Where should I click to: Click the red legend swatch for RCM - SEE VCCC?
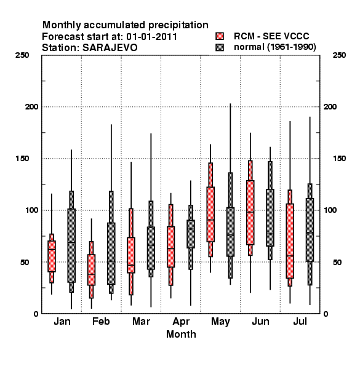click(x=220, y=36)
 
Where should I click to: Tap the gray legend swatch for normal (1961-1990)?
click(x=220, y=47)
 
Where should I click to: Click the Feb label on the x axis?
click(x=101, y=321)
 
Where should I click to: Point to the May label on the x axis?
click(x=220, y=322)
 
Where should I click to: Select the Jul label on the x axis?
click(x=300, y=321)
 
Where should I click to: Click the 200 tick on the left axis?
click(x=31, y=107)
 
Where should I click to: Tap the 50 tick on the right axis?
click(x=337, y=262)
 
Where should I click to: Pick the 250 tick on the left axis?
click(x=22, y=55)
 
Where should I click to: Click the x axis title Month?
click(x=181, y=334)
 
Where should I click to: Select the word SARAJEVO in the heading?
click(x=110, y=48)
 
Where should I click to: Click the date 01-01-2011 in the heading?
click(x=151, y=37)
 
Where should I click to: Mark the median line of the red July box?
click(x=290, y=256)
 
